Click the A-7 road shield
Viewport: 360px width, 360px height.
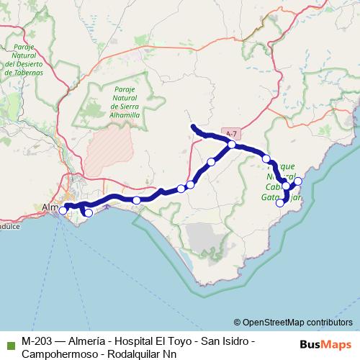(230, 135)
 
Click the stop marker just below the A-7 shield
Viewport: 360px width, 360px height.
(232, 145)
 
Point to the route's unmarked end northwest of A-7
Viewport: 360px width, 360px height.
(193, 127)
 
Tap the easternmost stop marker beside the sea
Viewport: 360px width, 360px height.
(298, 180)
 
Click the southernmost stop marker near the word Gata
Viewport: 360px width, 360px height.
(281, 203)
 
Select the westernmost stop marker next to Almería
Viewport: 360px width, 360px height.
(63, 210)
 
